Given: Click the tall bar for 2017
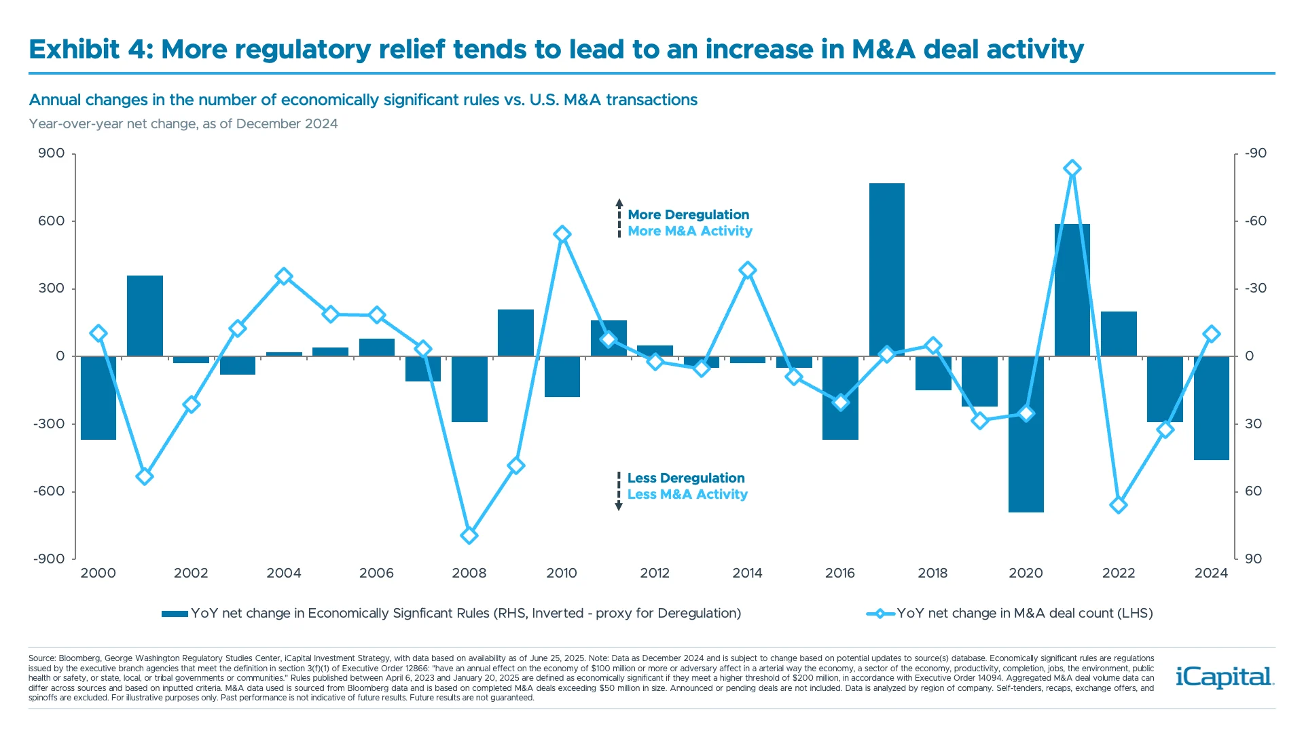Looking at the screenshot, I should [x=886, y=269].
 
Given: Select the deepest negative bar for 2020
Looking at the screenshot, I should [x=1026, y=434].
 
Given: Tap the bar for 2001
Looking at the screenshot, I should [x=145, y=316].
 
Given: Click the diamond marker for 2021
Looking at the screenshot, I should [x=1072, y=168].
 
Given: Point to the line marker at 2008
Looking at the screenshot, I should [x=469, y=535].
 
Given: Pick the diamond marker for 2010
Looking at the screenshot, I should [x=562, y=234].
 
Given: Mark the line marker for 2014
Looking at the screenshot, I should [x=748, y=270].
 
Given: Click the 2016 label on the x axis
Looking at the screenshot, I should [x=840, y=573].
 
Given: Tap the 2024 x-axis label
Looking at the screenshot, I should [x=1211, y=573].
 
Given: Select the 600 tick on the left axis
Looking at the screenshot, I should [x=52, y=221].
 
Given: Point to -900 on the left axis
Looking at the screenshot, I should [x=49, y=559].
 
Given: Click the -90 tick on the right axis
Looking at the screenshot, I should [x=1256, y=153].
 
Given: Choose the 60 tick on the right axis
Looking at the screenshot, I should [x=1253, y=491].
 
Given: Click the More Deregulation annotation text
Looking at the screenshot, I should [x=688, y=214].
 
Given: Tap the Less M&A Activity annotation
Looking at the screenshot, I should [x=687, y=494].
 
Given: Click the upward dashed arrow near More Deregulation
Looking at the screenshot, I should [x=619, y=217].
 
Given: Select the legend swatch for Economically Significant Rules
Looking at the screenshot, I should [x=175, y=614].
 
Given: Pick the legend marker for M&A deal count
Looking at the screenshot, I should [x=880, y=614].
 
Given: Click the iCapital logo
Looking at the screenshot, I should [x=1225, y=677].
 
